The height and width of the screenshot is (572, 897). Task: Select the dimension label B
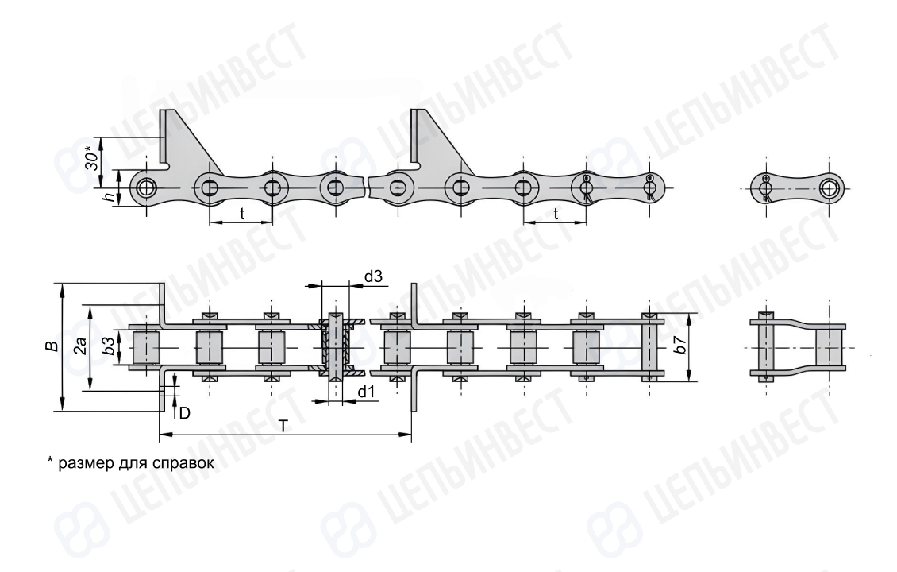pyautogui.click(x=52, y=346)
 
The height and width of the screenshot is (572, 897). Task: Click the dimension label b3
pyautogui.click(x=106, y=346)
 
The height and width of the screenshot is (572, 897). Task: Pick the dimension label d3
pyautogui.click(x=373, y=277)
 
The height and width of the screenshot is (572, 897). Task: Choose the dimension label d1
pyautogui.click(x=367, y=392)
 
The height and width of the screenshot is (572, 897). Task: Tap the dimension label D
pyautogui.click(x=184, y=413)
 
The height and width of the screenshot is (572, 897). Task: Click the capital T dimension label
pyautogui.click(x=284, y=425)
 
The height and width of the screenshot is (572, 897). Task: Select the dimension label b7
pyautogui.click(x=680, y=345)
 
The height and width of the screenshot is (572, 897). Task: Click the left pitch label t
pyautogui.click(x=241, y=214)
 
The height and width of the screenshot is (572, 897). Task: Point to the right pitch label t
pyautogui.click(x=556, y=214)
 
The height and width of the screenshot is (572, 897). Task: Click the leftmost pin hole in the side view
pyautogui.click(x=147, y=187)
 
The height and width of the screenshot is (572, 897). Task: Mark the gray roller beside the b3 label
pyautogui.click(x=145, y=347)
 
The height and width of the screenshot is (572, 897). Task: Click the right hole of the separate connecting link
pyautogui.click(x=829, y=187)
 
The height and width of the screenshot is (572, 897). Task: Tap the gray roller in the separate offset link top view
pyautogui.click(x=830, y=347)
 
